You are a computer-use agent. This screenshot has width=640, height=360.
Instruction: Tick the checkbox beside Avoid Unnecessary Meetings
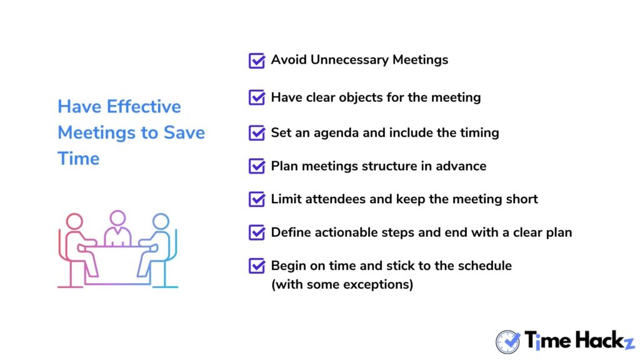pyautogui.click(x=257, y=61)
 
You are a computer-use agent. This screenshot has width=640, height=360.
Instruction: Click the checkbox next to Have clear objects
pyautogui.click(x=257, y=97)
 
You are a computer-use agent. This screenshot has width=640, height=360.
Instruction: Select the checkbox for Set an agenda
pyautogui.click(x=257, y=132)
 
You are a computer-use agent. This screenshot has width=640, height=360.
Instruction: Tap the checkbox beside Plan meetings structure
pyautogui.click(x=257, y=166)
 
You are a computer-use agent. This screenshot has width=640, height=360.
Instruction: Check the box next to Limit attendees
pyautogui.click(x=257, y=199)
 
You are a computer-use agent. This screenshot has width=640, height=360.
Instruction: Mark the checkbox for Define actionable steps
pyautogui.click(x=257, y=232)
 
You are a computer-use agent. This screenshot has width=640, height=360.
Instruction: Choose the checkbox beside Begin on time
pyautogui.click(x=257, y=266)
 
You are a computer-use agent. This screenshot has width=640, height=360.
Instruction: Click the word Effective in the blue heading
pyautogui.click(x=144, y=106)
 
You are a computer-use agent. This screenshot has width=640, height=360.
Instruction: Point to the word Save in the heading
pyautogui.click(x=184, y=132)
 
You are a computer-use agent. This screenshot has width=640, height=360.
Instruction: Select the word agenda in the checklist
pyautogui.click(x=336, y=134)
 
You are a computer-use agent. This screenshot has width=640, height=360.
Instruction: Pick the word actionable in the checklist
pyautogui.click(x=346, y=232)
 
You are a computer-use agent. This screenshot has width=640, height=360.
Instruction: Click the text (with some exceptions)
pyautogui.click(x=342, y=284)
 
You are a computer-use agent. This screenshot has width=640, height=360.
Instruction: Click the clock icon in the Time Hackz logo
pyautogui.click(x=507, y=342)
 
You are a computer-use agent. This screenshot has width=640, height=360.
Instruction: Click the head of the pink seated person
pyautogui.click(x=75, y=222)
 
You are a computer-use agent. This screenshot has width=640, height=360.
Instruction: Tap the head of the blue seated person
pyautogui.click(x=161, y=222)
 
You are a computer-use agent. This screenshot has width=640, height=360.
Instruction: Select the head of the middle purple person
pyautogui.click(x=117, y=218)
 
